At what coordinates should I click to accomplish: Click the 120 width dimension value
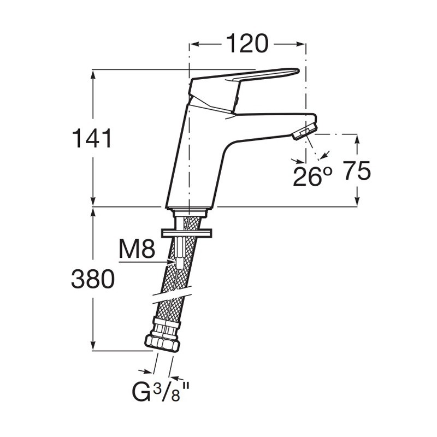tap(247, 44)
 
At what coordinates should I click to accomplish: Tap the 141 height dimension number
tap(92, 138)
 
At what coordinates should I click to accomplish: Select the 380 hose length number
tap(93, 279)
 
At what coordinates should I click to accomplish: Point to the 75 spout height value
tap(357, 170)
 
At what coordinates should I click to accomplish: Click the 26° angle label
tap(312, 176)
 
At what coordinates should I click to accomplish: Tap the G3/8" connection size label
tap(161, 392)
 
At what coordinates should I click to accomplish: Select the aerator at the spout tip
tap(305, 131)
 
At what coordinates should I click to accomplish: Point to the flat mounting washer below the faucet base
tap(186, 233)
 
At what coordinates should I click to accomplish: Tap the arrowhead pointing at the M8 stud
tap(172, 262)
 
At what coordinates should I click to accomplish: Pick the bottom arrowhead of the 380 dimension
tap(93, 346)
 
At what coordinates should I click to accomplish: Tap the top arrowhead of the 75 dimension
tap(357, 139)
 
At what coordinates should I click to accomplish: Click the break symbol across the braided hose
tap(172, 294)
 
